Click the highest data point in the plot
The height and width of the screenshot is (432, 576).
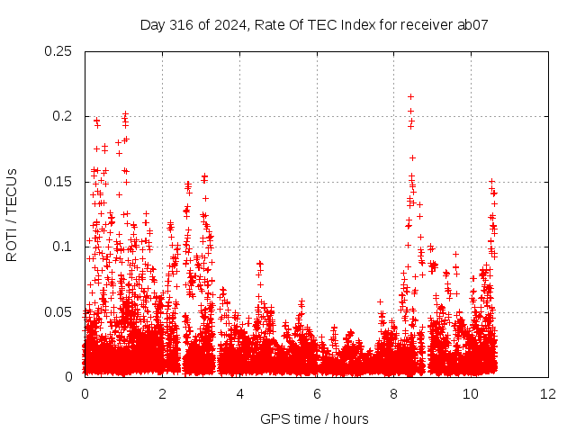pos(410,96)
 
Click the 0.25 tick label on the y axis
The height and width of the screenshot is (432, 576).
pos(58,51)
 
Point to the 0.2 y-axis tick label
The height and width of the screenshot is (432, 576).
pos(62,116)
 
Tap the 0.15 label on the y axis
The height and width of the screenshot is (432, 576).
pos(58,182)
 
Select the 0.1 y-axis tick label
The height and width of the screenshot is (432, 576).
pos(62,247)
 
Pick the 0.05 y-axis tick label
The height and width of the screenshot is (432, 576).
pos(58,312)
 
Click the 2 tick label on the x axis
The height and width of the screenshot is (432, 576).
pos(162,394)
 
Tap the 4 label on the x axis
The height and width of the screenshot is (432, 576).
pos(239,394)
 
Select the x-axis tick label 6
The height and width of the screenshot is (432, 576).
pos(317,394)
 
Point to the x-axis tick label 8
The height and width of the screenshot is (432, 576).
pos(394,394)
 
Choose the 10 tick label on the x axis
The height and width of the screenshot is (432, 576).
pos(471,394)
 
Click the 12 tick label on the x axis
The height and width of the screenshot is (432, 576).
pos(548,394)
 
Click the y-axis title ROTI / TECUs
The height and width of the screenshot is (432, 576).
pos(12,215)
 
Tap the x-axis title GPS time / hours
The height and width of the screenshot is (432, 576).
pos(314,418)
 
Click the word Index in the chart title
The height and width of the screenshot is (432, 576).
pos(358,24)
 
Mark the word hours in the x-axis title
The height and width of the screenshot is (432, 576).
pos(351,418)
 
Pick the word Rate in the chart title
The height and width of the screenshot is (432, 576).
pos(267,24)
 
